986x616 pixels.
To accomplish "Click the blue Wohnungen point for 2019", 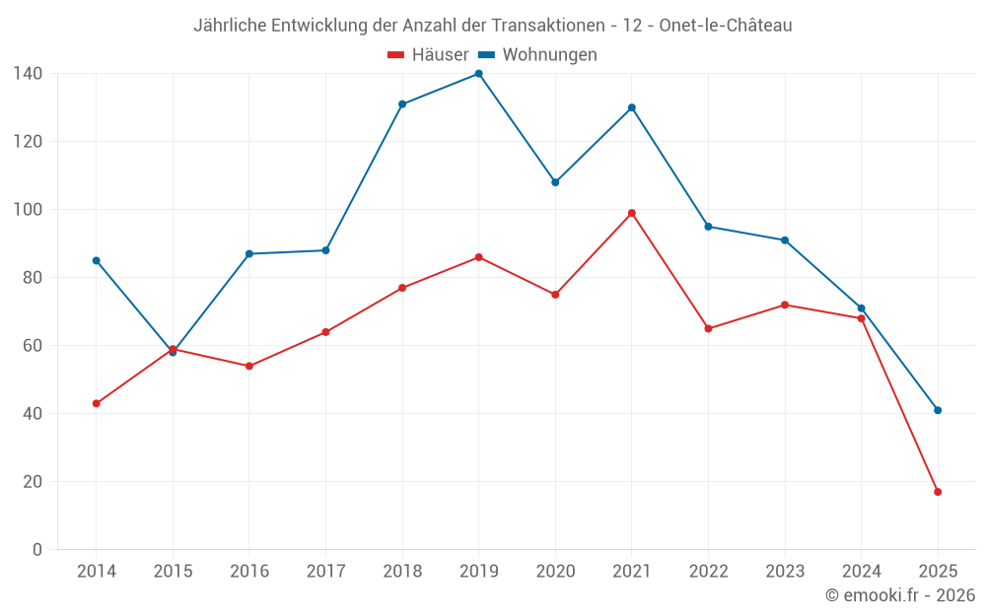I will (x=478, y=74).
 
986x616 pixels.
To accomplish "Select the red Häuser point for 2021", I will (x=632, y=213).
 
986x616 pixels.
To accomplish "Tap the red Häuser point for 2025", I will (x=938, y=492).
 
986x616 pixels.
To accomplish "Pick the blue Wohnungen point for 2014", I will (x=96, y=260).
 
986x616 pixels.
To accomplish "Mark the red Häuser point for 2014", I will (x=96, y=403).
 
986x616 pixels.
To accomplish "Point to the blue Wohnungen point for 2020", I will (x=555, y=182).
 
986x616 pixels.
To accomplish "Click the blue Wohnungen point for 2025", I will (x=938, y=410).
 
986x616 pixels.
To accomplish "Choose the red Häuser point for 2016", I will (x=248, y=366).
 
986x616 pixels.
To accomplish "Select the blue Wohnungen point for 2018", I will (x=402, y=104).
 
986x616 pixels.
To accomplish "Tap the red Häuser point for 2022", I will (x=708, y=328).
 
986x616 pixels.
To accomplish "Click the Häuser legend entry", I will (x=428, y=55).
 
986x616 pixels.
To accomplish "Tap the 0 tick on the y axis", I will (x=37, y=550).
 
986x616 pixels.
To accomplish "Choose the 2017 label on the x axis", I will (x=325, y=572).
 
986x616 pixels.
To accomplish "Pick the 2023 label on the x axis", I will (x=785, y=572).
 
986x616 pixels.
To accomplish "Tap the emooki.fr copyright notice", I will (x=899, y=595).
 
